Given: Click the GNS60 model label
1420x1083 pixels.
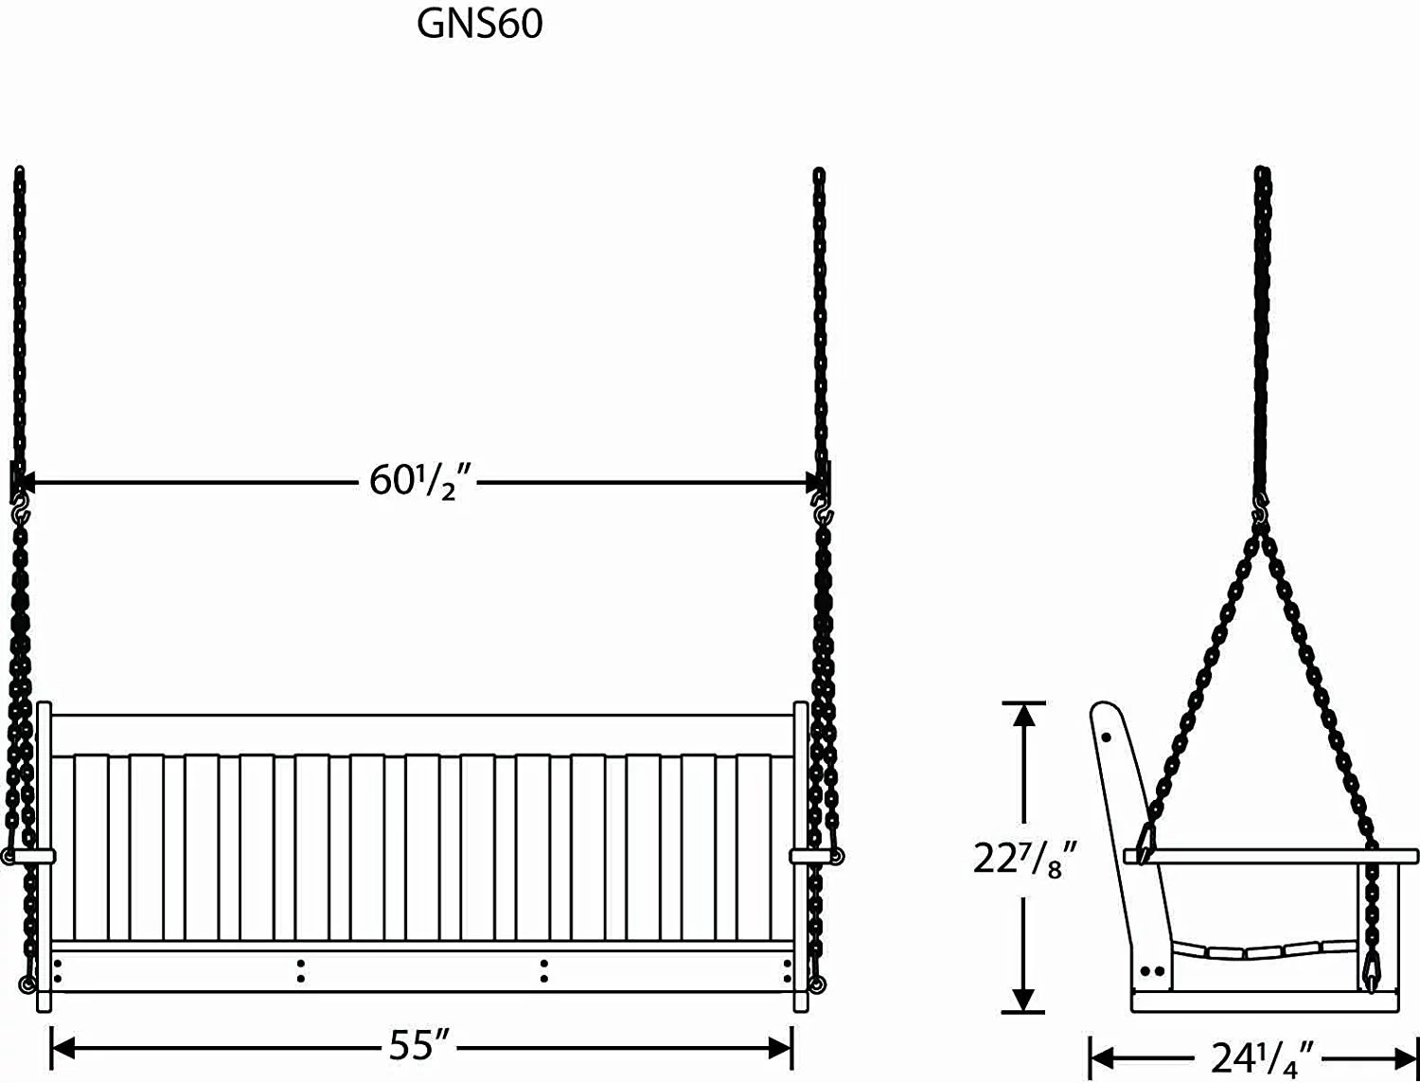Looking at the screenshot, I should point(480,25).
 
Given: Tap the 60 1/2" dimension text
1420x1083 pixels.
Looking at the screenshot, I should point(419,482).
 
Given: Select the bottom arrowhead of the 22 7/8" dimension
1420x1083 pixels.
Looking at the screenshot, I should point(1023,1000).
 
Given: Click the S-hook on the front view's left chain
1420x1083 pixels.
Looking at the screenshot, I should point(20,514).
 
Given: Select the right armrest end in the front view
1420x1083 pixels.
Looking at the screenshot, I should point(813,857).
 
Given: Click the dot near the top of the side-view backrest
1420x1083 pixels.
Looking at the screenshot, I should point(1107,737).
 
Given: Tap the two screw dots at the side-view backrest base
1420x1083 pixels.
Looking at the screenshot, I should point(1152,970).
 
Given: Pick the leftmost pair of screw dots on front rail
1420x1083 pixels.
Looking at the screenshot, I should point(58,970).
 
